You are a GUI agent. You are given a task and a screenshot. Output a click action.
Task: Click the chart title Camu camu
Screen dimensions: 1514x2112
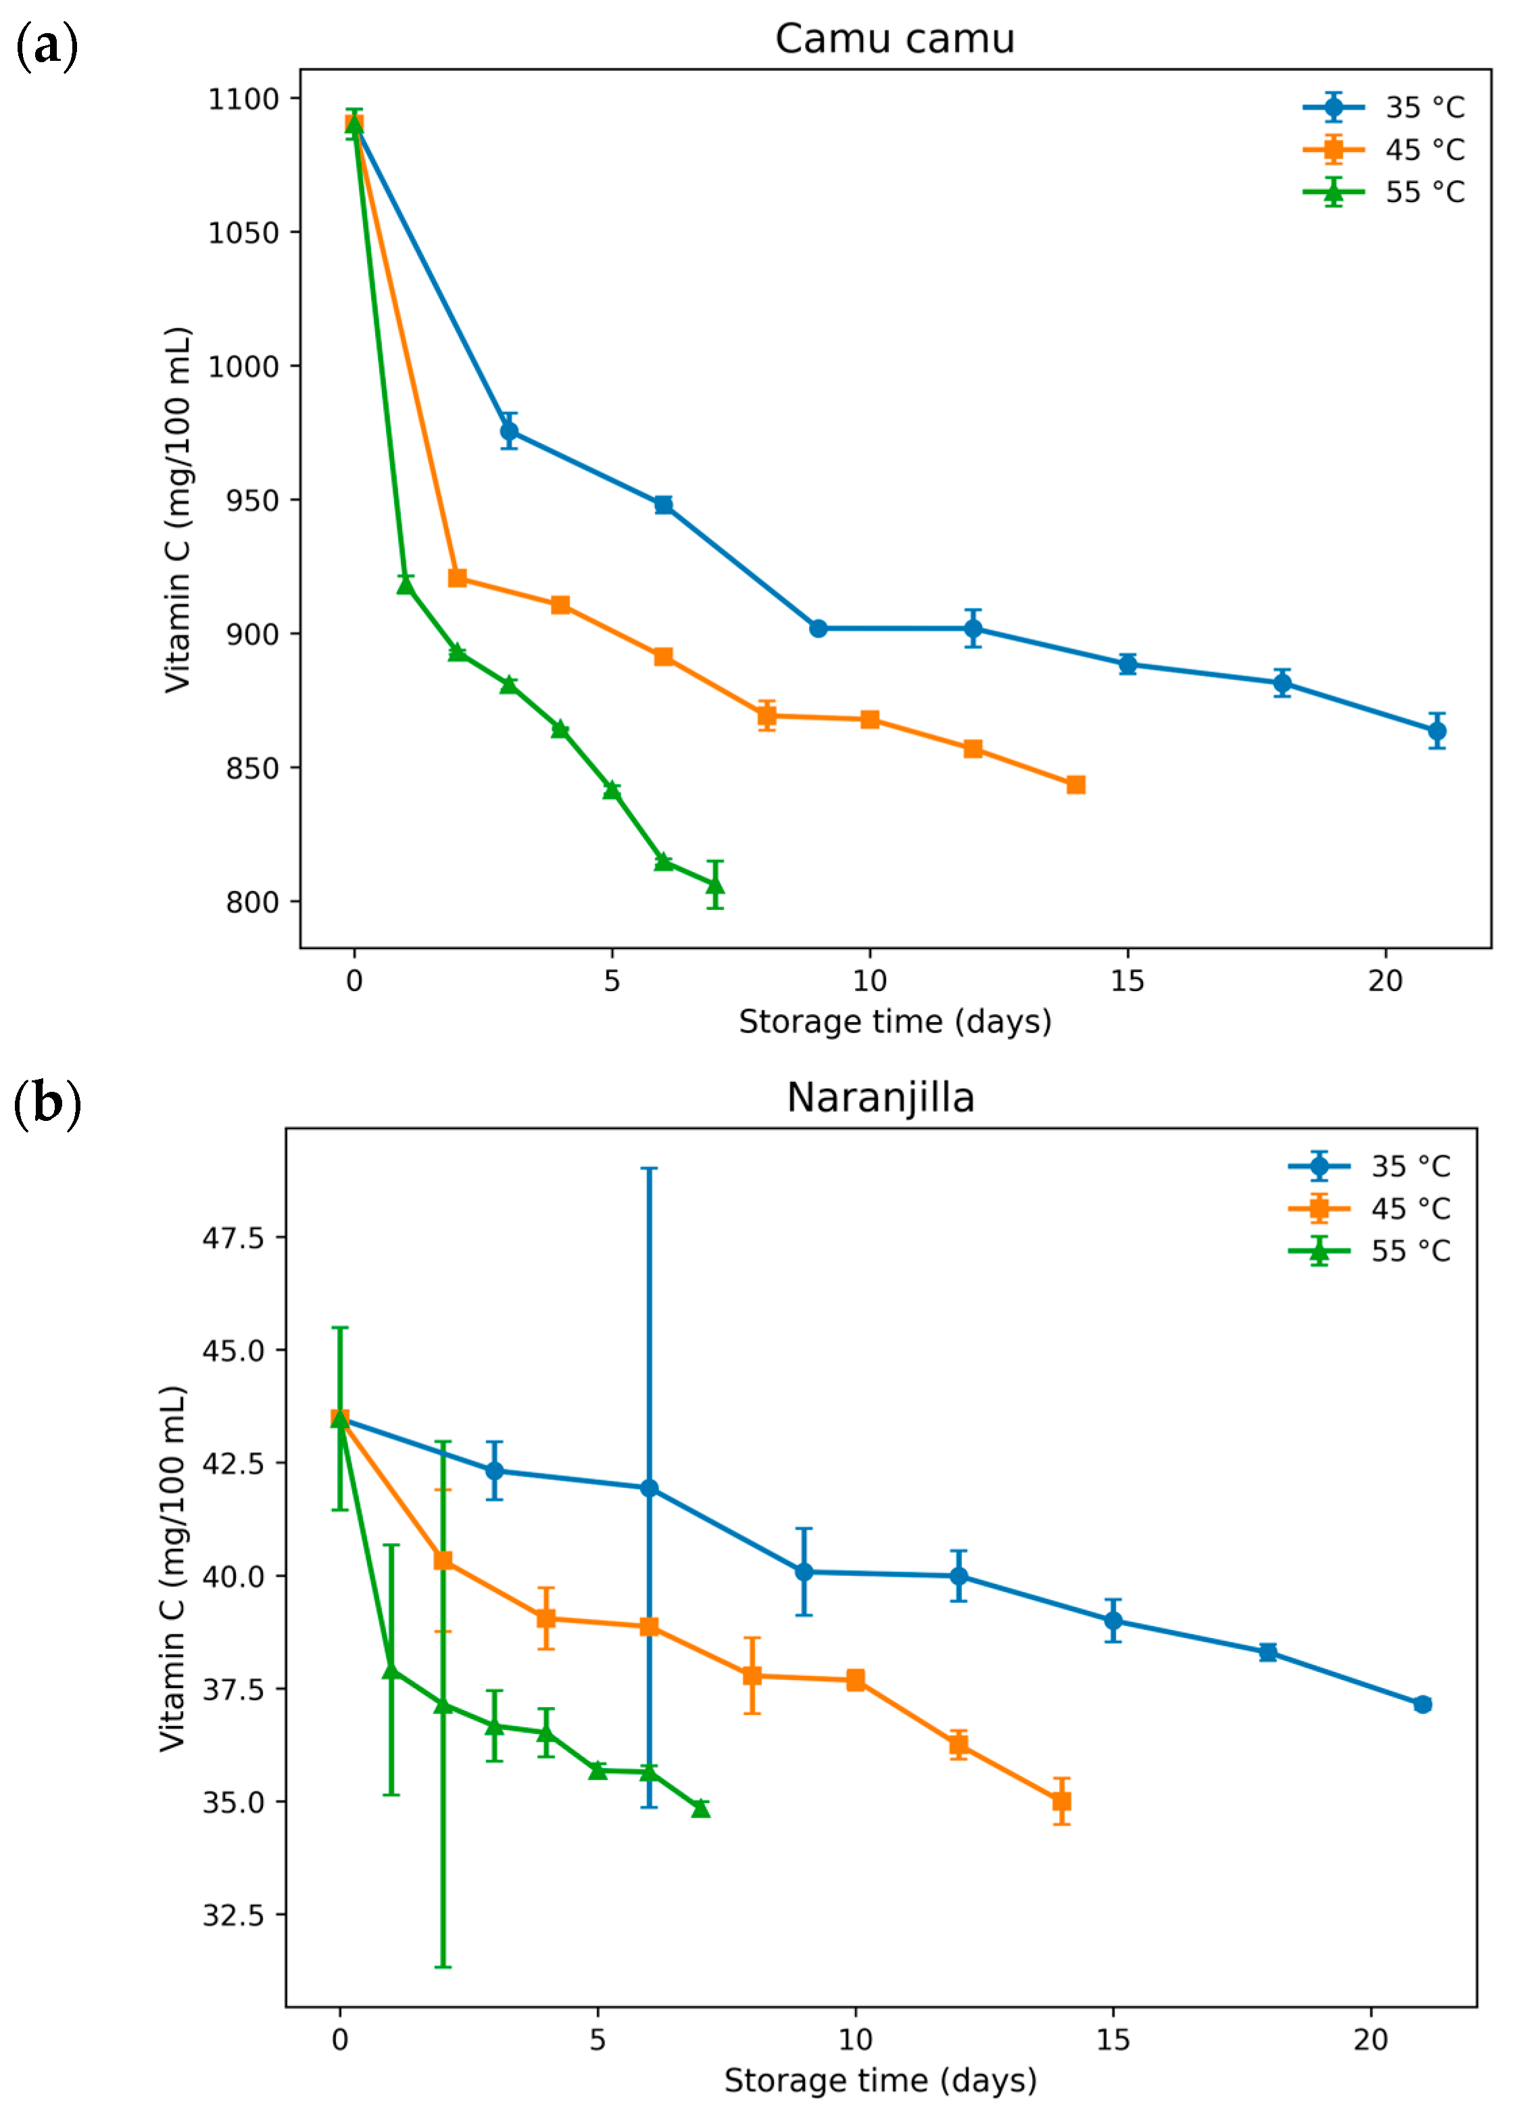coord(894,39)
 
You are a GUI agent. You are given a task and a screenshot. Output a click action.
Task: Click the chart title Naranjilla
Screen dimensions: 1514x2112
coord(880,1098)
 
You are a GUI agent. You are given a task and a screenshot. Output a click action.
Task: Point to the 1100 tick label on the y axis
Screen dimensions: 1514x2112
coord(243,99)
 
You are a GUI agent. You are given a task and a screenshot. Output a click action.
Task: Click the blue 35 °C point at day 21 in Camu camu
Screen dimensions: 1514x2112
coord(1437,731)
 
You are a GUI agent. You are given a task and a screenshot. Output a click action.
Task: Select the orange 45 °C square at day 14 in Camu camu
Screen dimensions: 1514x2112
coord(1075,785)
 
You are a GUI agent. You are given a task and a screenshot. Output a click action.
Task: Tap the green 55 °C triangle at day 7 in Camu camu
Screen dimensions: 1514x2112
coord(715,885)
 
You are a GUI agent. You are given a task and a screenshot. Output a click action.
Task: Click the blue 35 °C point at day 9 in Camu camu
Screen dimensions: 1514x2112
coord(819,629)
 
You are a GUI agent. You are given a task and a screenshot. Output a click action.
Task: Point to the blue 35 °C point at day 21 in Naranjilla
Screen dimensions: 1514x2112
coord(1422,1704)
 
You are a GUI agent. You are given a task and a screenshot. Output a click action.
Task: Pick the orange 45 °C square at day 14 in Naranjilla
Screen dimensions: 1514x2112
coord(1061,1801)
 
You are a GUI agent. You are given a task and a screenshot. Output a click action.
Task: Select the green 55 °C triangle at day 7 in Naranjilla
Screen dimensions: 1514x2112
coord(701,1808)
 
